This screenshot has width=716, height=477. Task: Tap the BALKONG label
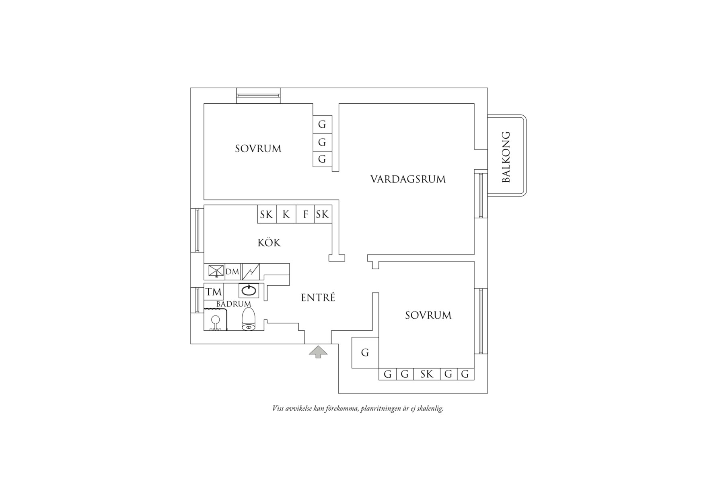pos(506,157)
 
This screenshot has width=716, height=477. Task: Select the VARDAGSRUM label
pos(408,179)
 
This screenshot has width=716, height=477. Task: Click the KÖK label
pos(269,243)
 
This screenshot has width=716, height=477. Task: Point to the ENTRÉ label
pos(318,298)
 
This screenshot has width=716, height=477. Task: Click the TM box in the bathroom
pos(214,291)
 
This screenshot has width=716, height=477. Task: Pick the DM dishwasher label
pos(232,272)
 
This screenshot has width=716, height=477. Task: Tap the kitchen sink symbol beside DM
pos(216,271)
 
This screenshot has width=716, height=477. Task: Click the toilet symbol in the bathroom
pos(248,320)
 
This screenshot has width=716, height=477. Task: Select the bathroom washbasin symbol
pos(248,290)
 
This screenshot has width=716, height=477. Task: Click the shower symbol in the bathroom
pos(216,321)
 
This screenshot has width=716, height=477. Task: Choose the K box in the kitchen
pos(286,215)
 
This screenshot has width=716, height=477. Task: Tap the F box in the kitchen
pos(305,215)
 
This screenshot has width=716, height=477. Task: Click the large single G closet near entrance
pos(365,353)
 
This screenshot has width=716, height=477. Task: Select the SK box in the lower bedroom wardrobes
pos(427,375)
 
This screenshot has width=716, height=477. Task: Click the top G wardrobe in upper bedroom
pos(322,125)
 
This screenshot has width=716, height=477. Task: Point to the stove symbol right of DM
pos(251,272)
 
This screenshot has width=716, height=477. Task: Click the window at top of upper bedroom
pos(258,96)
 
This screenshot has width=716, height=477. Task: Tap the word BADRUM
pos(233,304)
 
